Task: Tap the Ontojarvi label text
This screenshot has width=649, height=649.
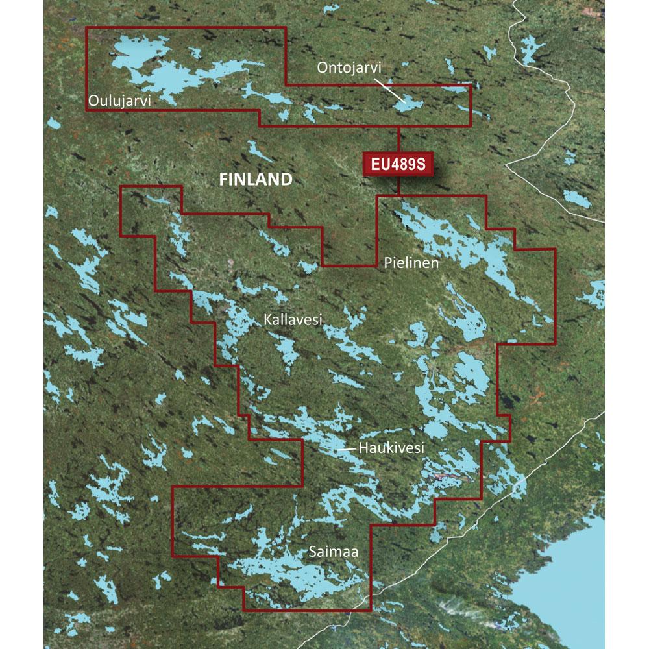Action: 349,67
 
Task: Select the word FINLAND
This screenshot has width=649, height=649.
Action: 254,179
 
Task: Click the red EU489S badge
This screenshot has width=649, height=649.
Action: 398,164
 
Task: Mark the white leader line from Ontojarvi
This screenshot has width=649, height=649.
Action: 391,90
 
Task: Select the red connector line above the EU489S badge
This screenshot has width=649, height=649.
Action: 398,140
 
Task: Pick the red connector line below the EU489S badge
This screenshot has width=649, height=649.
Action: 398,185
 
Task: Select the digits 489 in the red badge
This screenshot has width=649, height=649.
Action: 401,164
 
